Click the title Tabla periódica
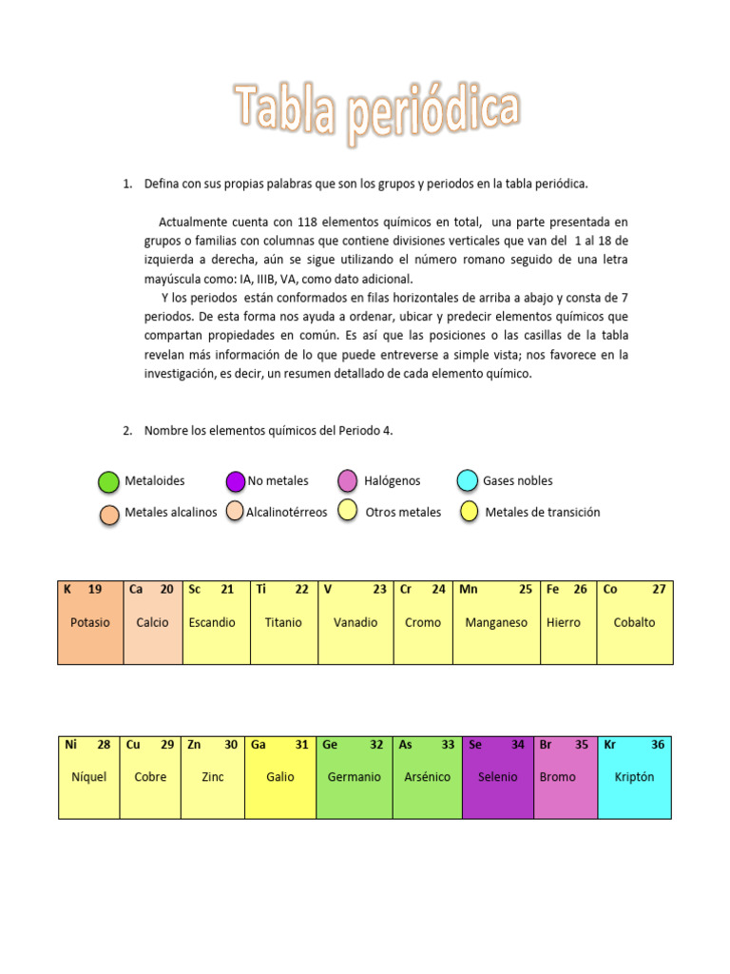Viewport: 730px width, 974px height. pyautogui.click(x=376, y=111)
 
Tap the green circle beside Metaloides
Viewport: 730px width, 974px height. pyautogui.click(x=108, y=482)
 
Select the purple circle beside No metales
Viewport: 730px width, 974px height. pyautogui.click(x=236, y=482)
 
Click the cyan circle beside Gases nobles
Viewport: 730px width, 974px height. pyautogui.click(x=467, y=481)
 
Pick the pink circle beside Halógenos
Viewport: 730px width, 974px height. pyautogui.click(x=348, y=481)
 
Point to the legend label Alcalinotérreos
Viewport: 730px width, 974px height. pyautogui.click(x=286, y=513)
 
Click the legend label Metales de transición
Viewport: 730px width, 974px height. pyautogui.click(x=543, y=513)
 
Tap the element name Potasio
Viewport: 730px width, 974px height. pyautogui.click(x=90, y=623)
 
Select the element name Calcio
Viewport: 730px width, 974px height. pyautogui.click(x=152, y=623)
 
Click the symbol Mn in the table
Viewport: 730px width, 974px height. pyautogui.click(x=469, y=590)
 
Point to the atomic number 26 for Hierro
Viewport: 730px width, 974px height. pyautogui.click(x=580, y=590)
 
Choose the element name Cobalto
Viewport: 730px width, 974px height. pyautogui.click(x=634, y=623)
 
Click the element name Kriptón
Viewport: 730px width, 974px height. pyautogui.click(x=634, y=777)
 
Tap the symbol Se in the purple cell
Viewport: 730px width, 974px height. pyautogui.click(x=475, y=746)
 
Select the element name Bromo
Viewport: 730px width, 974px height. pyautogui.click(x=557, y=777)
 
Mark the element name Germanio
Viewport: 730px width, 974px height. pyautogui.click(x=354, y=777)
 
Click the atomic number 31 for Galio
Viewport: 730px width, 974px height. pyautogui.click(x=301, y=746)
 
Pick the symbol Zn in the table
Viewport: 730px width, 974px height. pyautogui.click(x=194, y=746)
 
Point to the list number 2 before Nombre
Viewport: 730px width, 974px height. pyautogui.click(x=126, y=431)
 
